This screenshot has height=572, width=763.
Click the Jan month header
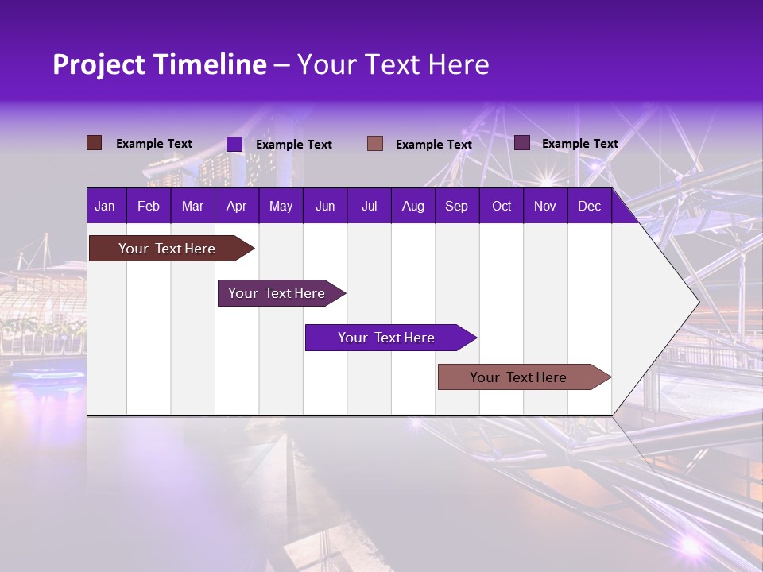pos(105,207)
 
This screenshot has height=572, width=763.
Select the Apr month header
pos(236,207)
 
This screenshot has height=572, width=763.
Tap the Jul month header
pos(369,207)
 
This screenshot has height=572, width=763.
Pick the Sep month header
pos(456,207)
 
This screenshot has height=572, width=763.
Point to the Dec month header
pos(589,207)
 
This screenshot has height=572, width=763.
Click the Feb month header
pos(149,207)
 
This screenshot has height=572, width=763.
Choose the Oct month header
pos(502,207)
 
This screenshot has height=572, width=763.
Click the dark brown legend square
pos(94,143)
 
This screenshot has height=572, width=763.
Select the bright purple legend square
pos(234,144)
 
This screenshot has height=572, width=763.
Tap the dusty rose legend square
pos(375,143)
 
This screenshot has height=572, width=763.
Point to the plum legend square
pos(522,143)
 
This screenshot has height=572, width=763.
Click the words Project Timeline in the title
pos(159,64)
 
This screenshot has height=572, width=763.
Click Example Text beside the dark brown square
pos(154,144)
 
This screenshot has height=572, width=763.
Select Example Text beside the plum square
pos(579,144)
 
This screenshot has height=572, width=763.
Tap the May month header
pos(281,207)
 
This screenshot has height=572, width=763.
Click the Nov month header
pos(545,207)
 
